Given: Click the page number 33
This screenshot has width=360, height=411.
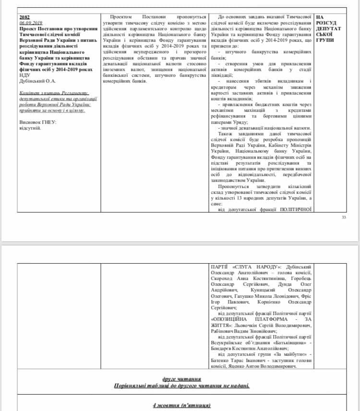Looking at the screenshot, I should tap(343, 217).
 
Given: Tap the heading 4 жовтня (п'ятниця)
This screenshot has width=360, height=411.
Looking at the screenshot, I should tap(181, 405).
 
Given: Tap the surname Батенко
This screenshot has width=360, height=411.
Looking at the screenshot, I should tap(225, 361).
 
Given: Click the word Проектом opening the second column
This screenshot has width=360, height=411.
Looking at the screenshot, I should tap(122, 17).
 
